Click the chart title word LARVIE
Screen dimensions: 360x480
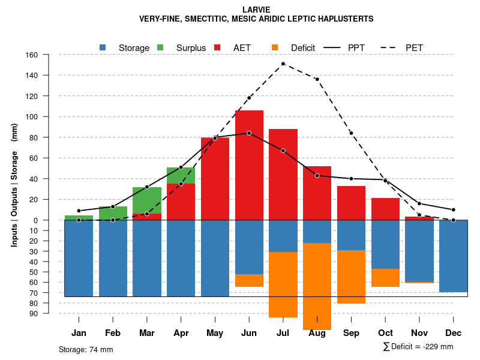point(256,10)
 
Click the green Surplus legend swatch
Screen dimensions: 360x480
point(160,47)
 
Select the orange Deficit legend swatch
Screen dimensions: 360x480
point(275,47)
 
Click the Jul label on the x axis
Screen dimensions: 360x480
point(283,333)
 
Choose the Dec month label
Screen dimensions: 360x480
point(453,333)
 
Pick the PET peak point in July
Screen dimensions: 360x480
point(283,64)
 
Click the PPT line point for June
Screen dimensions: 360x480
point(249,133)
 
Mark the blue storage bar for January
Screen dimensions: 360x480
point(79,258)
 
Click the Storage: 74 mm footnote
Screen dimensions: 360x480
point(86,349)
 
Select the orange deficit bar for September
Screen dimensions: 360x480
point(351,277)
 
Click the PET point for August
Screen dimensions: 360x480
point(317,79)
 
